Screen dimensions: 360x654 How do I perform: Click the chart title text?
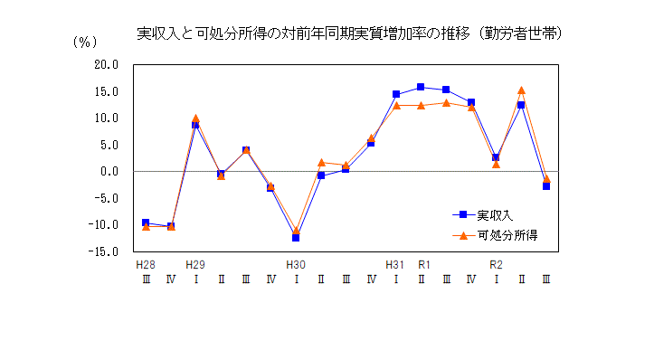pos(349,34)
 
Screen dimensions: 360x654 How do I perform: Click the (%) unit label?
pos(83,42)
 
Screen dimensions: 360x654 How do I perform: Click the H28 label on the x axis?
pos(145,265)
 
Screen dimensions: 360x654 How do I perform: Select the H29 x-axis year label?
pos(194,265)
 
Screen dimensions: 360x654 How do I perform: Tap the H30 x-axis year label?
pos(295,265)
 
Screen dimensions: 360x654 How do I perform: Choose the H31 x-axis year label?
pos(395,265)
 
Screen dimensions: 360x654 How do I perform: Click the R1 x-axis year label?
pos(422,265)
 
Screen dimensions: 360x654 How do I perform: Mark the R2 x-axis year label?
pos(496,265)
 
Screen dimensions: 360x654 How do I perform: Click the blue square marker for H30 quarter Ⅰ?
pos(296,237)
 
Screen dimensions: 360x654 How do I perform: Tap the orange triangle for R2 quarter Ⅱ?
pos(521,90)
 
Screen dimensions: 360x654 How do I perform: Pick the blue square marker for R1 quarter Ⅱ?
pos(421,87)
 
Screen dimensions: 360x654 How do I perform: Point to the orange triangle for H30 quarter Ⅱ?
pos(321,163)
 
